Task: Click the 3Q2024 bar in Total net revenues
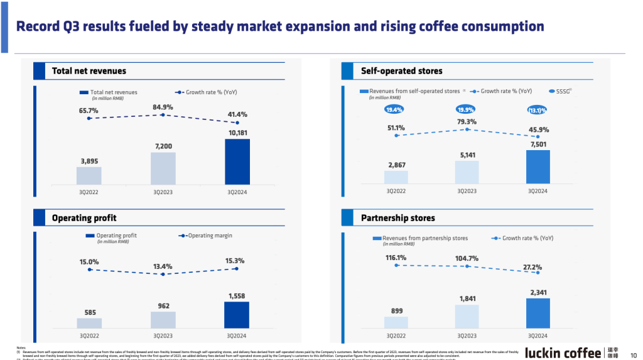point(237,161)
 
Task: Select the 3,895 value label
point(89,161)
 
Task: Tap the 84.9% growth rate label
point(163,107)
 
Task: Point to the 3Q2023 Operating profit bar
point(163,320)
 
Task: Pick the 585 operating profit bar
point(89,323)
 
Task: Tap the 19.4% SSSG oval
point(395,110)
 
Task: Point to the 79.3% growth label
point(467,122)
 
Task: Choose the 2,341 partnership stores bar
point(538,313)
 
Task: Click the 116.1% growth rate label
point(396,258)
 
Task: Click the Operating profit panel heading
point(84,218)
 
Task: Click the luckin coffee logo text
point(563,352)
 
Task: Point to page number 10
point(633,353)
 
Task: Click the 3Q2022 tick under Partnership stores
point(396,335)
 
